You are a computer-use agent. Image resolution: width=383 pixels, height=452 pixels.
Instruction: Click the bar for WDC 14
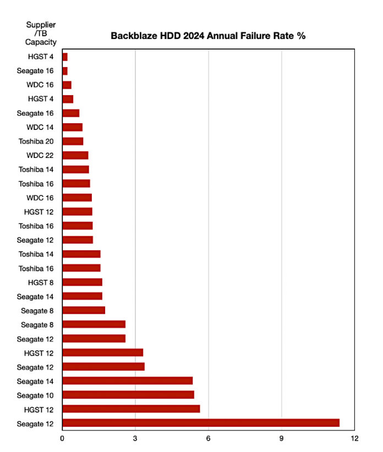pos(72,127)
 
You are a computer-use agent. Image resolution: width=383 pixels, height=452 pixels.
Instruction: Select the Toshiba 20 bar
pos(73,141)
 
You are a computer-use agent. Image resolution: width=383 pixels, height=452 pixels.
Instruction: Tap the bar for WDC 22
pos(75,155)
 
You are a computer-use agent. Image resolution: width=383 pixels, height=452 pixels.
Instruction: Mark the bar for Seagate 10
pos(128,395)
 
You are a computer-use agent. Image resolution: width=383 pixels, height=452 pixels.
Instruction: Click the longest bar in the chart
pos(201,423)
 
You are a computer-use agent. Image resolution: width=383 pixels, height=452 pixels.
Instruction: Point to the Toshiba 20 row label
pos(37,141)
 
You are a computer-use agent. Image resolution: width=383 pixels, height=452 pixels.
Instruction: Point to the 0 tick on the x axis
pos(62,438)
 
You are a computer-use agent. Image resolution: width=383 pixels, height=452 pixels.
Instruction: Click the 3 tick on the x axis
pos(135,438)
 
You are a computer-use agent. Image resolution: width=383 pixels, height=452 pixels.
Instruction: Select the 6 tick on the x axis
pos(209,438)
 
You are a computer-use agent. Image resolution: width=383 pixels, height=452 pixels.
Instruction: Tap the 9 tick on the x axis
pos(282,438)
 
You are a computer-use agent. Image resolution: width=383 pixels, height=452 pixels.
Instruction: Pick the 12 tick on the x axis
pos(354,438)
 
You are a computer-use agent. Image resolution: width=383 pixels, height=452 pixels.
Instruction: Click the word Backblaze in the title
pos(135,36)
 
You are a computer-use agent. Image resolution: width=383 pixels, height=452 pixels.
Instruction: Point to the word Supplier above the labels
pos(41,25)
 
